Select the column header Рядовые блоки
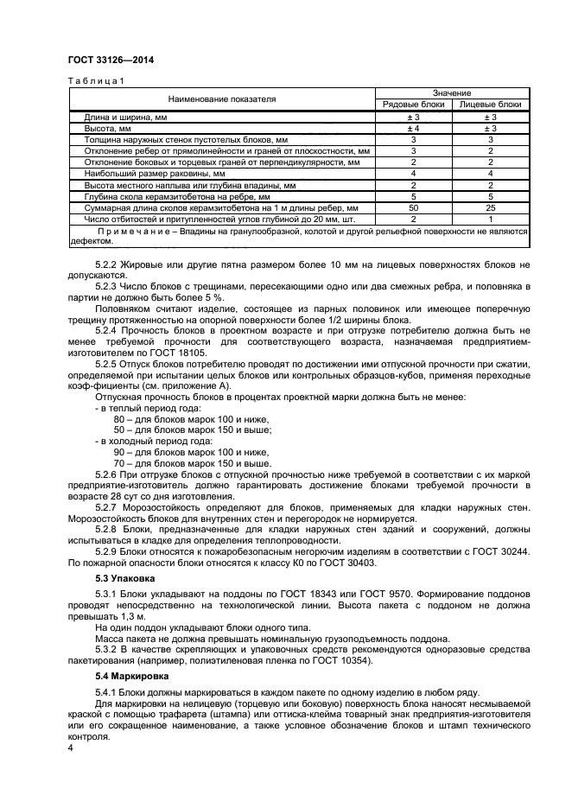[413, 104]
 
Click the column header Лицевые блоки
[490, 104]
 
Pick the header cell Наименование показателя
[222, 99]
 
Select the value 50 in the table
[413, 207]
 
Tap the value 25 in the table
[490, 207]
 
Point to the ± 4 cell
[413, 127]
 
